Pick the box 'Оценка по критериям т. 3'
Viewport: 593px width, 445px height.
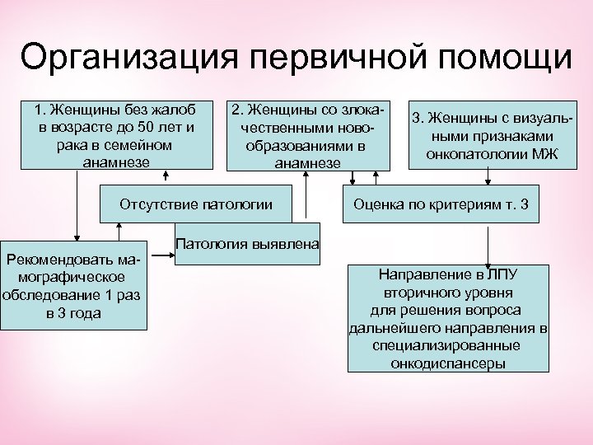click(441, 203)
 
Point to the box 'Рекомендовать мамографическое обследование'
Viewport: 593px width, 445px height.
click(74, 285)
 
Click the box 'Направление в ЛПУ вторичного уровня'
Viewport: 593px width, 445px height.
click(450, 316)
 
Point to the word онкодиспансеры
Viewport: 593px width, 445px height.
click(449, 363)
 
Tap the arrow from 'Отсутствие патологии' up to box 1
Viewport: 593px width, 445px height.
click(168, 177)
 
